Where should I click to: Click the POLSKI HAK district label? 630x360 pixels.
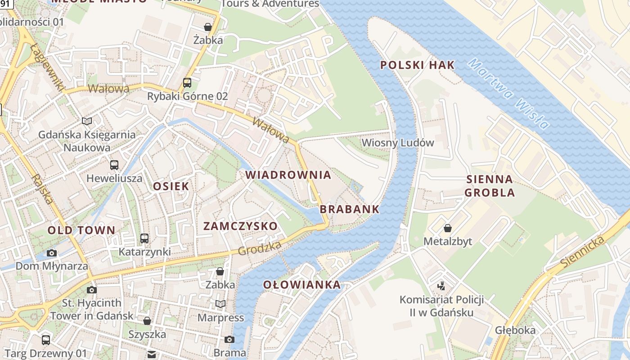click(x=417, y=65)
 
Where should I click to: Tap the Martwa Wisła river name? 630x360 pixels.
click(x=508, y=94)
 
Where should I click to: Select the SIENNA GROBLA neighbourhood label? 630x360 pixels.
click(x=490, y=186)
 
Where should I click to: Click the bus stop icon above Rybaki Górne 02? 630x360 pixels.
click(x=187, y=83)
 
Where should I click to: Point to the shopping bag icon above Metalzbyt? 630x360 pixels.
click(x=447, y=228)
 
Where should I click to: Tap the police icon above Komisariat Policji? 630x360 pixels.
click(x=441, y=286)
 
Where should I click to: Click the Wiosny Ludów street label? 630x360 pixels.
click(x=398, y=143)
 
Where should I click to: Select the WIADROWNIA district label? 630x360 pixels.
click(x=288, y=175)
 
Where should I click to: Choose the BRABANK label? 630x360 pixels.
click(x=350, y=209)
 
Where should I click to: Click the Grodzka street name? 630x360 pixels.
click(x=260, y=248)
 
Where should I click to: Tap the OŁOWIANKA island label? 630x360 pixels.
click(x=302, y=285)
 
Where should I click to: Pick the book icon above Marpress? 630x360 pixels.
click(x=220, y=304)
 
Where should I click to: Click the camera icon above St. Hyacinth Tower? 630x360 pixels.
click(x=92, y=289)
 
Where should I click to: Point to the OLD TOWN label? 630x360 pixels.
click(x=81, y=230)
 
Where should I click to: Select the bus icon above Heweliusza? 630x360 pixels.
click(x=114, y=165)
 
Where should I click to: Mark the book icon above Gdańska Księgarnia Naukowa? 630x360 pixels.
click(x=87, y=121)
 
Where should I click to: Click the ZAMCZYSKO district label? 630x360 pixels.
click(x=240, y=226)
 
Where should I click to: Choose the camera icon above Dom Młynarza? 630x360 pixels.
click(x=52, y=253)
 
